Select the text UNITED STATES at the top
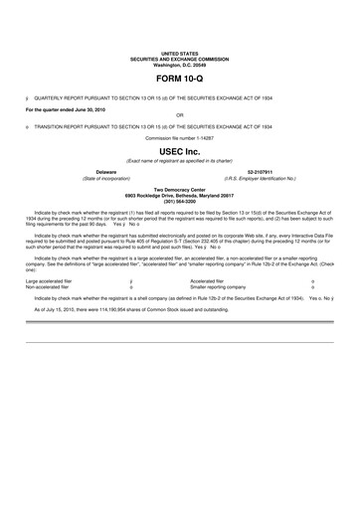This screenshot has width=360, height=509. coord(179,53)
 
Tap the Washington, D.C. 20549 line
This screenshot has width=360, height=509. coord(179,64)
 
